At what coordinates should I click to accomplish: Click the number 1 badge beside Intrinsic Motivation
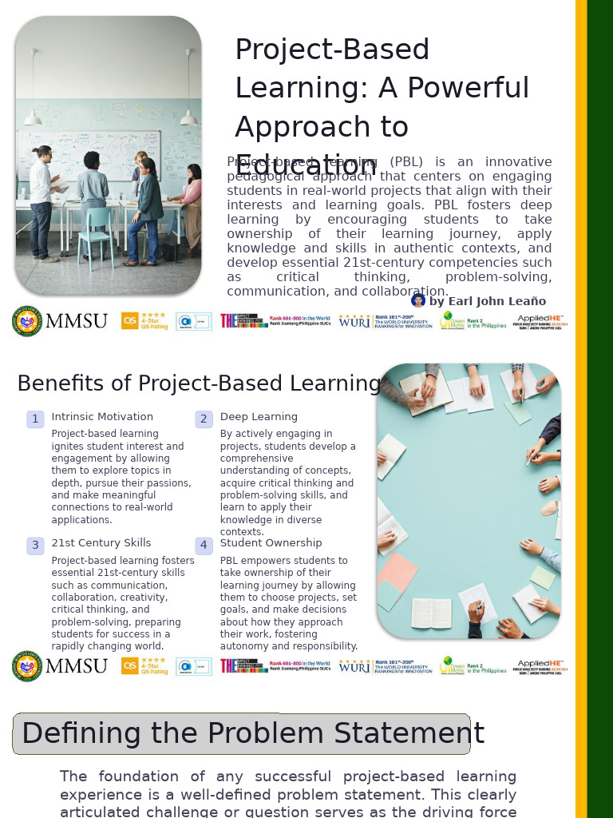(x=35, y=419)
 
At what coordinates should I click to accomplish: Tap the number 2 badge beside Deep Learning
(x=204, y=419)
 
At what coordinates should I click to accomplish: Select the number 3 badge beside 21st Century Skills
(x=35, y=546)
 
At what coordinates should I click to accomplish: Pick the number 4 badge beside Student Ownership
(x=204, y=546)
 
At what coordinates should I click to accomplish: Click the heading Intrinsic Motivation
(x=102, y=417)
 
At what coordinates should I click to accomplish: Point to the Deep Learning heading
(x=259, y=417)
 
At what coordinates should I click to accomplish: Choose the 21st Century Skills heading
(x=101, y=543)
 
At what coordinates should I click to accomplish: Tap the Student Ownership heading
(x=271, y=543)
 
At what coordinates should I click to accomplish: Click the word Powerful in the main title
(x=454, y=88)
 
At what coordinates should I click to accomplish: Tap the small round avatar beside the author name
(x=418, y=300)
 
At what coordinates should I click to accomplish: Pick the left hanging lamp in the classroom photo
(x=33, y=118)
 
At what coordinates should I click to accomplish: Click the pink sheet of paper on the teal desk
(x=397, y=572)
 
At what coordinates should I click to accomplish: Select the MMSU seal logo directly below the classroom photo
(x=27, y=321)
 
